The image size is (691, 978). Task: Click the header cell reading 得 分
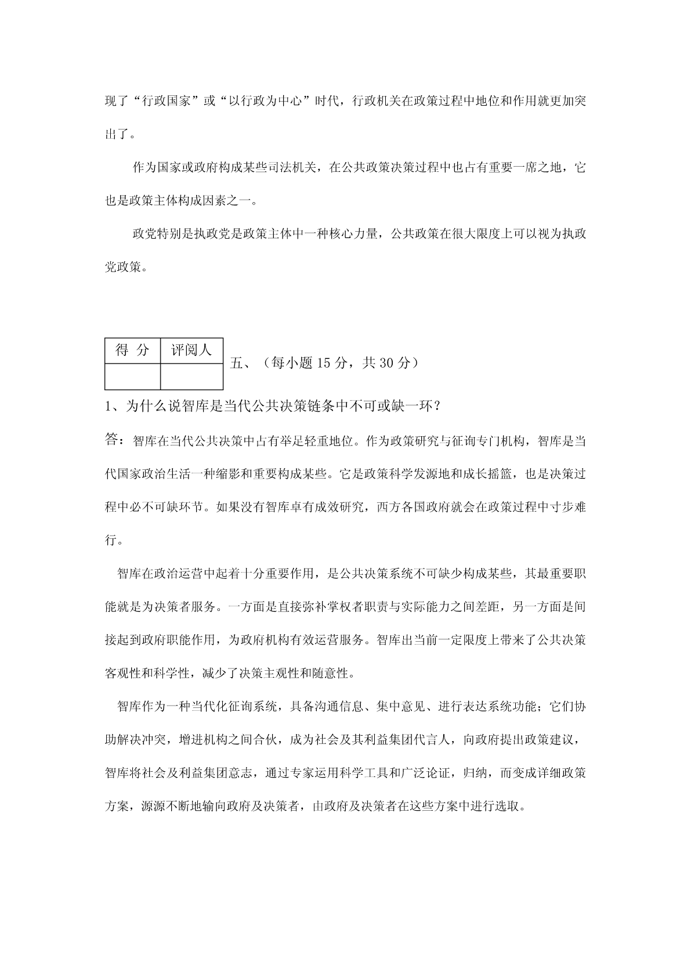(132, 350)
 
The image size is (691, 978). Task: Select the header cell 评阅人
(191, 350)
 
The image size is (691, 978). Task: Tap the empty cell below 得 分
(132, 376)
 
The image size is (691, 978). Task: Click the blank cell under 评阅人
(191, 376)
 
